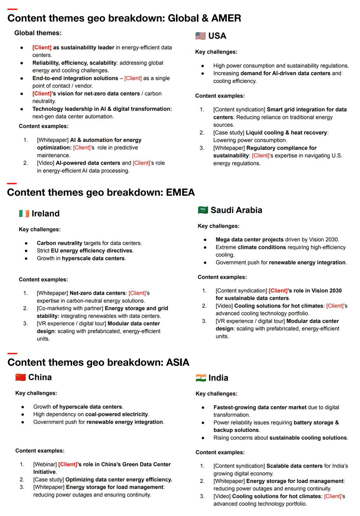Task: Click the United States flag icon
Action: click(201, 36)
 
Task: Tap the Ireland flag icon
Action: click(24, 214)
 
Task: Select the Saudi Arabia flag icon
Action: click(203, 210)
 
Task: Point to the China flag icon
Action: click(21, 377)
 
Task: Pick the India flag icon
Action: click(201, 378)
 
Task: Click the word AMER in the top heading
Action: click(226, 18)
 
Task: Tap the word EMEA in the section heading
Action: click(180, 192)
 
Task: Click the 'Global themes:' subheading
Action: click(38, 33)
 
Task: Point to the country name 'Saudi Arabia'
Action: click(236, 210)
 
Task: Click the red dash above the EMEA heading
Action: click(12, 184)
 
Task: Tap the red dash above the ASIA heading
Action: click(12, 354)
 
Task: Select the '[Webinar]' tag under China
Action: click(45, 465)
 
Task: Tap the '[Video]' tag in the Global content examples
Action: click(46, 163)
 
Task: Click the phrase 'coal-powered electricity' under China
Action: click(117, 415)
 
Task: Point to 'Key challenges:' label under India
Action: click(216, 394)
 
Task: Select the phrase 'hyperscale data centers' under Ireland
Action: click(93, 258)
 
